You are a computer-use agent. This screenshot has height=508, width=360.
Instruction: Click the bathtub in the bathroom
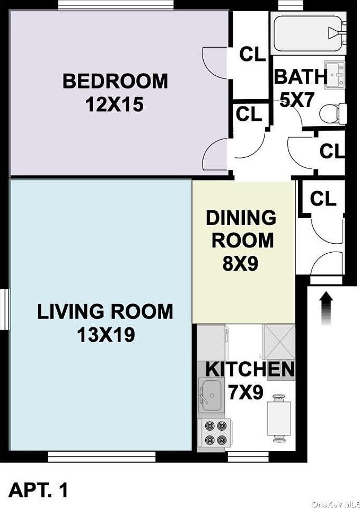(x=309, y=33)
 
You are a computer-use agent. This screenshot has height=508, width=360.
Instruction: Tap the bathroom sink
(x=335, y=75)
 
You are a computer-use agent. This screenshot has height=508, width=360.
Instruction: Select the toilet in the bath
(x=333, y=113)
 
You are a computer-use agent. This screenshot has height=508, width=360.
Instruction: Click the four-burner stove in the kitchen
(x=214, y=434)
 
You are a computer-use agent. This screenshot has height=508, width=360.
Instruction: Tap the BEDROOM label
(x=116, y=82)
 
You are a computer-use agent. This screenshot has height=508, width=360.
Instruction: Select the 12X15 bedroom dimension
(x=115, y=105)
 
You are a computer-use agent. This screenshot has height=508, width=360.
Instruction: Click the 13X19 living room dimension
(x=106, y=335)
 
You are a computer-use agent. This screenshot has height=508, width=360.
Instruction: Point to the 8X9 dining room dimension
(x=240, y=263)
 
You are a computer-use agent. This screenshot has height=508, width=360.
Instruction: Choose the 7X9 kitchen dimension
(x=245, y=393)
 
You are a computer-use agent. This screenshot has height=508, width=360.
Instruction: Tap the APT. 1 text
(x=38, y=489)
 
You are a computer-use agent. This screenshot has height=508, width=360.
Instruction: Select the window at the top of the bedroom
(x=116, y=5)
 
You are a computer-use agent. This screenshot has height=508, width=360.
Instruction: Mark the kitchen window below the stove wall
(x=248, y=457)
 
